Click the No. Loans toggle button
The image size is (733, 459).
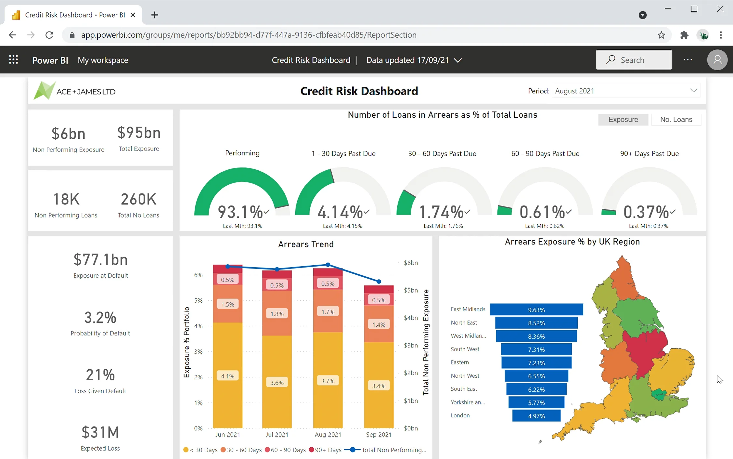tap(676, 120)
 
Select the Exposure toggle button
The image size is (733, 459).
tap(623, 120)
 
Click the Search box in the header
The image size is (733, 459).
tap(634, 60)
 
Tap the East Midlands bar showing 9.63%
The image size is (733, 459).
tap(536, 310)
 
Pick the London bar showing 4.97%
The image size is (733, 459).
tap(536, 416)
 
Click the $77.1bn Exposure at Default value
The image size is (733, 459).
tap(100, 260)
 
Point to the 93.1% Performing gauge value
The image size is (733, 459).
tap(240, 212)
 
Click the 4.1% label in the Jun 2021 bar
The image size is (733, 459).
tap(227, 376)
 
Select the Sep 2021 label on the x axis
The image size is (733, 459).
tap(379, 435)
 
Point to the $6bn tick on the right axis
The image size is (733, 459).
tap(411, 263)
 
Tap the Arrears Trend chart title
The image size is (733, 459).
tap(306, 244)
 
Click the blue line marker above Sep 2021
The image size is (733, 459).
tap(379, 282)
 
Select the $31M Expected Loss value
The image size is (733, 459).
tap(100, 433)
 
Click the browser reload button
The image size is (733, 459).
tap(49, 35)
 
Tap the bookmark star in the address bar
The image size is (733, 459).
tap(661, 35)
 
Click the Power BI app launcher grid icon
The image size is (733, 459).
tap(13, 60)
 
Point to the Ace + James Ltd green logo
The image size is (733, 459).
tap(44, 91)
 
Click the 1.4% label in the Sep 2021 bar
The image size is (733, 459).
tap(379, 324)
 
